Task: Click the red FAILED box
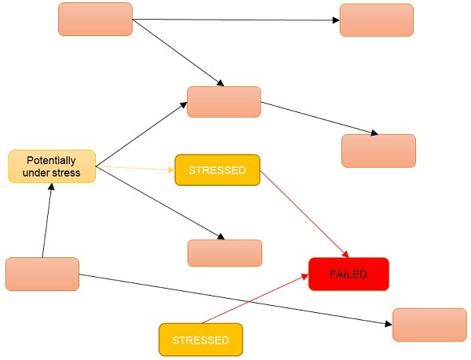(349, 274)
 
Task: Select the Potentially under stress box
(52, 166)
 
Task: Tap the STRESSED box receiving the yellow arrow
(217, 169)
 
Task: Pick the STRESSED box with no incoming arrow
(200, 340)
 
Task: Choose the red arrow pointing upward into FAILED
(251, 299)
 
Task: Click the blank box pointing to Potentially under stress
(42, 274)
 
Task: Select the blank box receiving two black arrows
(224, 102)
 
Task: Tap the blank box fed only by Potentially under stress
(224, 253)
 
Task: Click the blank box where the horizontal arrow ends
(376, 20)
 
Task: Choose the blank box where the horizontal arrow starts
(95, 19)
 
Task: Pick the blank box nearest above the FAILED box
(378, 151)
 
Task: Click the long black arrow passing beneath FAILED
(235, 298)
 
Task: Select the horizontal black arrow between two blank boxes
(235, 20)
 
